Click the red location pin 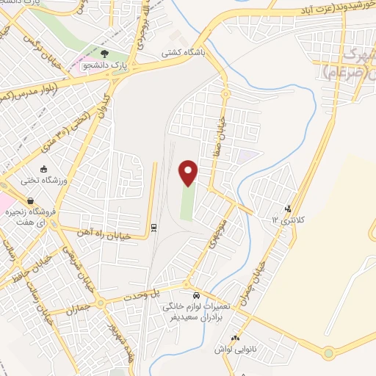[189, 173]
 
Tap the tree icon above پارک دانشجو [104, 54]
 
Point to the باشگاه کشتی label [187, 54]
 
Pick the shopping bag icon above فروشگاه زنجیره [30, 200]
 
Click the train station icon [153, 227]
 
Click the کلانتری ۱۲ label [287, 219]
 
